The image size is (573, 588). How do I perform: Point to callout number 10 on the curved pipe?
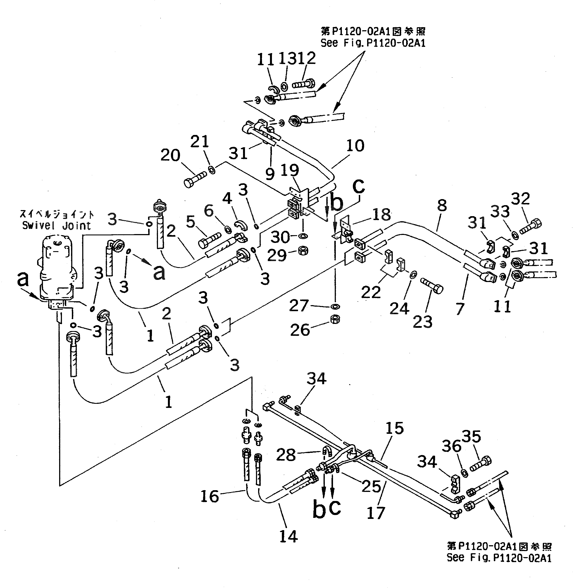pyautogui.click(x=355, y=146)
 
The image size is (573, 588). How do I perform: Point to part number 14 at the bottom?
pyautogui.click(x=288, y=536)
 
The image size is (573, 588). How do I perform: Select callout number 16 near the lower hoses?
pyautogui.click(x=210, y=496)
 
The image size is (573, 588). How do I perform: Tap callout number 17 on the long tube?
pyautogui.click(x=376, y=513)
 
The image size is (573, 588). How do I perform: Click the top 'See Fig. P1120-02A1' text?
pyautogui.click(x=373, y=43)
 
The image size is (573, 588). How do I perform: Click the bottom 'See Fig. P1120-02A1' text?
pyautogui.click(x=499, y=557)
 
